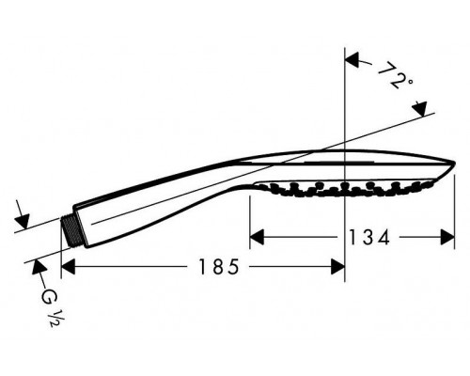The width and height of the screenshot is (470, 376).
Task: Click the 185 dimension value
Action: tap(219, 267)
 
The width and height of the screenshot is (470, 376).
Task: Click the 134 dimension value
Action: tap(369, 237)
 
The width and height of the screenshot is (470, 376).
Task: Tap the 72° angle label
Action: tap(394, 75)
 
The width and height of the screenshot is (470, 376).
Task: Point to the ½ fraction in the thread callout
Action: tap(54, 318)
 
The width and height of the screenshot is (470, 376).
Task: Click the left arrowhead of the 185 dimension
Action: tap(68, 267)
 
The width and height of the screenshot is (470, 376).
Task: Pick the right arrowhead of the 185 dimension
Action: tap(337, 267)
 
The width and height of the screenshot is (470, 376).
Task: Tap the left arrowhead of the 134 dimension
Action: tap(257, 237)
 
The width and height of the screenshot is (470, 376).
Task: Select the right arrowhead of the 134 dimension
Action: tap(447, 237)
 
